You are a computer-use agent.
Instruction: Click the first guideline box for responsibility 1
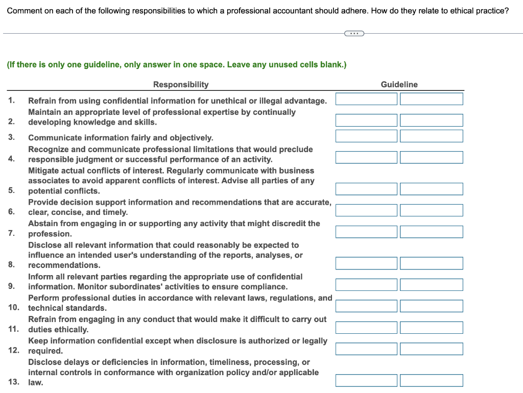tap(366, 99)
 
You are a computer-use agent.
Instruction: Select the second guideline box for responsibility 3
tap(432, 136)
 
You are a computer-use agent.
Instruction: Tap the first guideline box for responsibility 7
tap(366, 232)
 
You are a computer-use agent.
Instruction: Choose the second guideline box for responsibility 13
tap(432, 381)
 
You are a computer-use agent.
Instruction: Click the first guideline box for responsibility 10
tap(366, 306)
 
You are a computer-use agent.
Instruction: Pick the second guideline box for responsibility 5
tap(432, 189)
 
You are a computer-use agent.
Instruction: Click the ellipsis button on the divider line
tap(354, 34)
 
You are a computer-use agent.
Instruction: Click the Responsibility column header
tap(181, 85)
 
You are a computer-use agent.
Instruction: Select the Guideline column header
tap(399, 85)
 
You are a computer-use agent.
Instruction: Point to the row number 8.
tap(11, 264)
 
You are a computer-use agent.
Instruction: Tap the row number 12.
tap(14, 350)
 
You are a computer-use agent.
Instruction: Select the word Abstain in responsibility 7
tap(42, 224)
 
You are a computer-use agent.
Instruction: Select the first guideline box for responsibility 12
tap(366, 349)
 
